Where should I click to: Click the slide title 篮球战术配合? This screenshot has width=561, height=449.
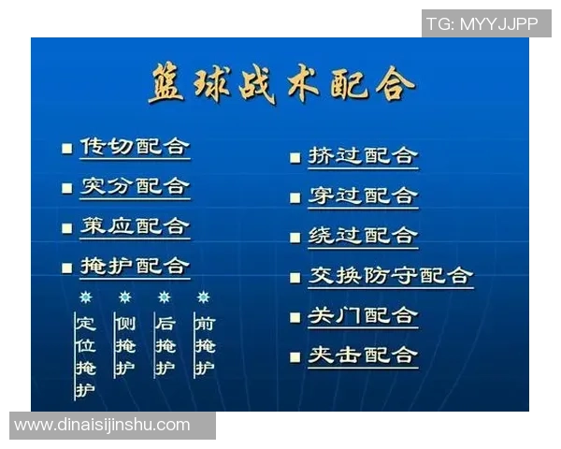tap(280, 85)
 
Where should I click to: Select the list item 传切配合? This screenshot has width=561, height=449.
tap(135, 147)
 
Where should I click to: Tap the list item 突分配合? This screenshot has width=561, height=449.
tap(135, 186)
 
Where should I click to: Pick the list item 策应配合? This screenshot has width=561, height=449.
tap(135, 226)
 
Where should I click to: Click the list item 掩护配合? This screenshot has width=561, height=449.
tap(135, 266)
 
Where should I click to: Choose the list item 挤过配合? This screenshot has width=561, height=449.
tap(363, 155)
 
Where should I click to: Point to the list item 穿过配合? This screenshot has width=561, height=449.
tap(363, 196)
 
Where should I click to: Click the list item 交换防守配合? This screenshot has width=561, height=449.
tap(391, 276)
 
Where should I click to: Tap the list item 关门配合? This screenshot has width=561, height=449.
tap(363, 315)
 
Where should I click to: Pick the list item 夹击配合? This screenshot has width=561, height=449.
tap(363, 355)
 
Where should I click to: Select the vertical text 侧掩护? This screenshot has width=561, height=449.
tap(124, 345)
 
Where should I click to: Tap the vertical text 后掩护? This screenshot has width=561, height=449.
tap(165, 345)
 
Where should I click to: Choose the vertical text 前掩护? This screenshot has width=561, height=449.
tap(204, 345)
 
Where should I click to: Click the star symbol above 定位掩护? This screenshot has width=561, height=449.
tap(86, 297)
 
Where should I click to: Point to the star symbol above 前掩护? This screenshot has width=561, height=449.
tap(204, 297)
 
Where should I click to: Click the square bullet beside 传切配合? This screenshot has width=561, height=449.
tap(66, 148)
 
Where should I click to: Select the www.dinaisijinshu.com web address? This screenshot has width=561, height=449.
tap(103, 425)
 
